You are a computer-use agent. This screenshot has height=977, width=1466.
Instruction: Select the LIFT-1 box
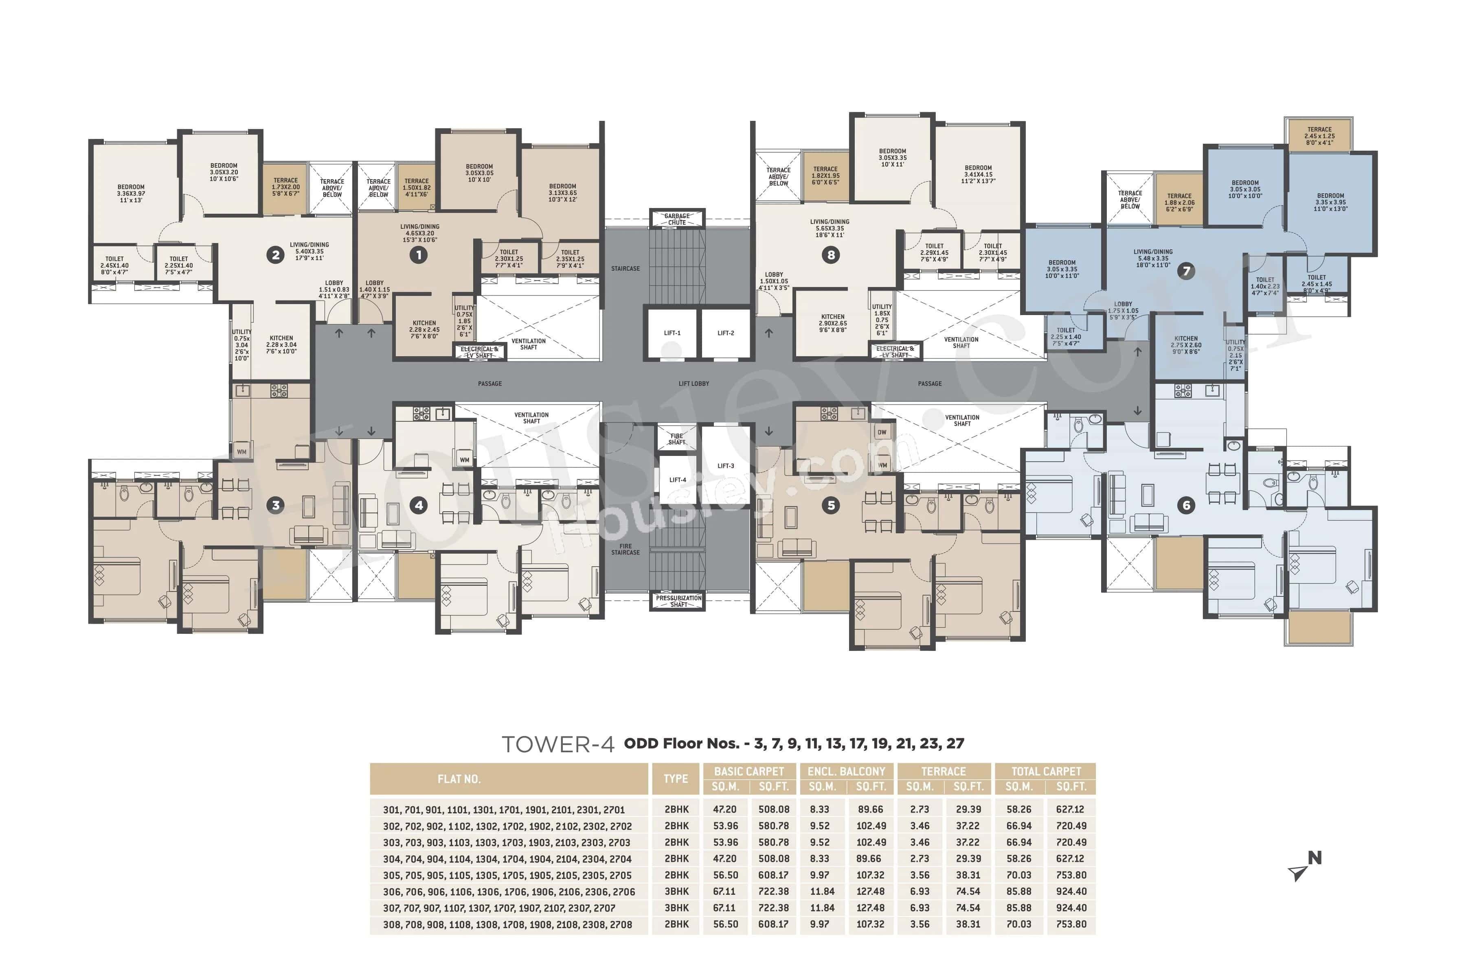coord(672,333)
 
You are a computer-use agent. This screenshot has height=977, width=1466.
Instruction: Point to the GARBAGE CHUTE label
coord(677,219)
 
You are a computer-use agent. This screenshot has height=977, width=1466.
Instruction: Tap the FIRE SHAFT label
coord(676,439)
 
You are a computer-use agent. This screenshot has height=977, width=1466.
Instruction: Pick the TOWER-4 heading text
coord(558,744)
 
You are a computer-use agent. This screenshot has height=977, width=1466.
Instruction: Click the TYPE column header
coord(676,779)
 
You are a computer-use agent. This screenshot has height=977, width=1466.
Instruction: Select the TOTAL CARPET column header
coord(1045,771)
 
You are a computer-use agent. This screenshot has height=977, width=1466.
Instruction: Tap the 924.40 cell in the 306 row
coord(1071,892)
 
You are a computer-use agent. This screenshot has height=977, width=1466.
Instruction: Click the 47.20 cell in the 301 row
coord(725,809)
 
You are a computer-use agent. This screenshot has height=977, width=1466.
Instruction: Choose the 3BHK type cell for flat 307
coord(676,908)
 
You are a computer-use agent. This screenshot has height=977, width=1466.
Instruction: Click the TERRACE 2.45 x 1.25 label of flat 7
coord(1319,136)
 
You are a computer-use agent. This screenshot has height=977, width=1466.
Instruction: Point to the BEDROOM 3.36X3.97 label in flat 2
coord(131,193)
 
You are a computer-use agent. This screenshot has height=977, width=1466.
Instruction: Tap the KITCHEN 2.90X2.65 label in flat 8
coord(833,323)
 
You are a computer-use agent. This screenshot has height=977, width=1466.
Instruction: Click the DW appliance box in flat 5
coord(881,432)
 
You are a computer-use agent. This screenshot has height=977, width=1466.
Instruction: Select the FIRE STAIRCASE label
coord(625,549)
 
